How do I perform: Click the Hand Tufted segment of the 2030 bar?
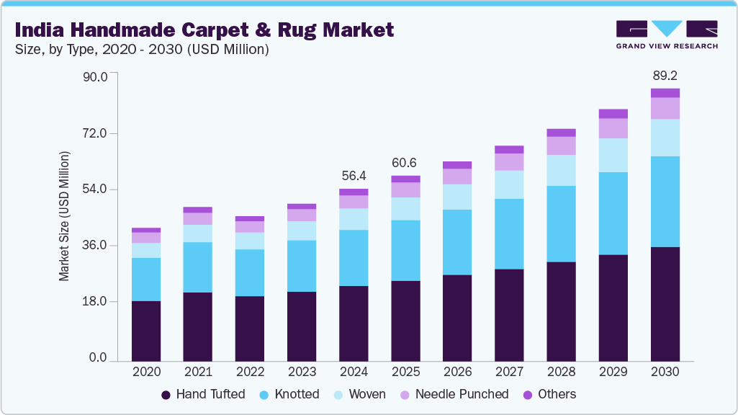[665, 303]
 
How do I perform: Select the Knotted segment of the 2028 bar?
[561, 223]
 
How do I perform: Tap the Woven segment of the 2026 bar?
[457, 197]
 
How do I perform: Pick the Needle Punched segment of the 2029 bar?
[613, 128]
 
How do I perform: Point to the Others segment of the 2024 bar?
[354, 192]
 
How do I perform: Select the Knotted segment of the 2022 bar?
[250, 272]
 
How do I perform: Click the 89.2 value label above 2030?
[665, 76]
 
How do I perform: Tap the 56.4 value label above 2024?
[354, 176]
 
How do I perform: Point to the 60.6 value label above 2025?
[405, 163]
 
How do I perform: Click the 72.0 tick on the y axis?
[94, 134]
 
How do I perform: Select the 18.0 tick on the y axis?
[94, 302]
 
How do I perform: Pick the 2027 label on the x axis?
[509, 372]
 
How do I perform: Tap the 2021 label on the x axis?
[198, 372]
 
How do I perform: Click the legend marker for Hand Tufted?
[166, 395]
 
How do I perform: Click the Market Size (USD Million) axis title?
[65, 216]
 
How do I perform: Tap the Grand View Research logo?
[666, 34]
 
